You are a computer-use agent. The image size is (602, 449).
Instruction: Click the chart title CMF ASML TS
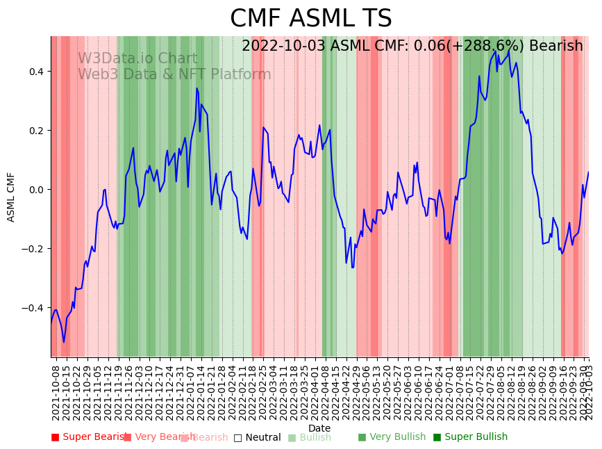[x=310, y=19]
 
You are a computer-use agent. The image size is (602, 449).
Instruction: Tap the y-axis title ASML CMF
[x=11, y=197]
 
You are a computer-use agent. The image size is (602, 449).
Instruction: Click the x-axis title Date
[x=319, y=428]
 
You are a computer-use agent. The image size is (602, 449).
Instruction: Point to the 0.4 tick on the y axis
[x=35, y=72]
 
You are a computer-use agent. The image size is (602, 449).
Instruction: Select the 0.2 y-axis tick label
[x=35, y=131]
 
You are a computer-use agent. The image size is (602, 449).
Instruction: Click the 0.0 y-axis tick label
[x=35, y=190]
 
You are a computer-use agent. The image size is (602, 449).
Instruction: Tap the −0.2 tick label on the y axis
[x=33, y=249]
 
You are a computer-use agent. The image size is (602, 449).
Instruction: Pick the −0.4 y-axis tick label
[x=33, y=308]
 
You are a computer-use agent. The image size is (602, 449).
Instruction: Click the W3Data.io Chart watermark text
[x=137, y=58]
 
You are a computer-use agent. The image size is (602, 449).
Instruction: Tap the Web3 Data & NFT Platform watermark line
[x=174, y=74]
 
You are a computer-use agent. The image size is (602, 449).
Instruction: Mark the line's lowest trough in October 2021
[x=64, y=342]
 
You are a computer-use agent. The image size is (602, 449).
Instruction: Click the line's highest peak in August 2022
[x=509, y=50]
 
